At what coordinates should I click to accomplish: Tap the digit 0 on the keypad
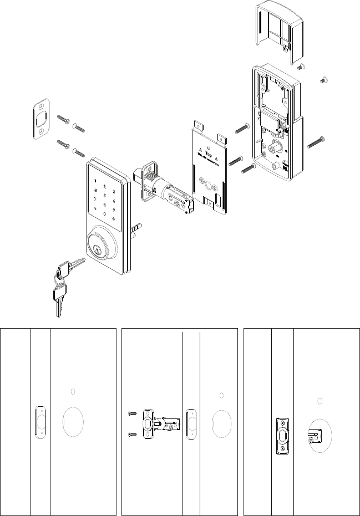[x=105, y=214]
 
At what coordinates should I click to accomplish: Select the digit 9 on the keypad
[x=114, y=210]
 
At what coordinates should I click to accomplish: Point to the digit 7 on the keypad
[x=95, y=198]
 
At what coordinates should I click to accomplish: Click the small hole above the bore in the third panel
[x=319, y=400]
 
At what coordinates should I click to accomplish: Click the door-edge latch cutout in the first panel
[x=38, y=422]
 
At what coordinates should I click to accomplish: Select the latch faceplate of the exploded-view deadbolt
[x=148, y=181]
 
